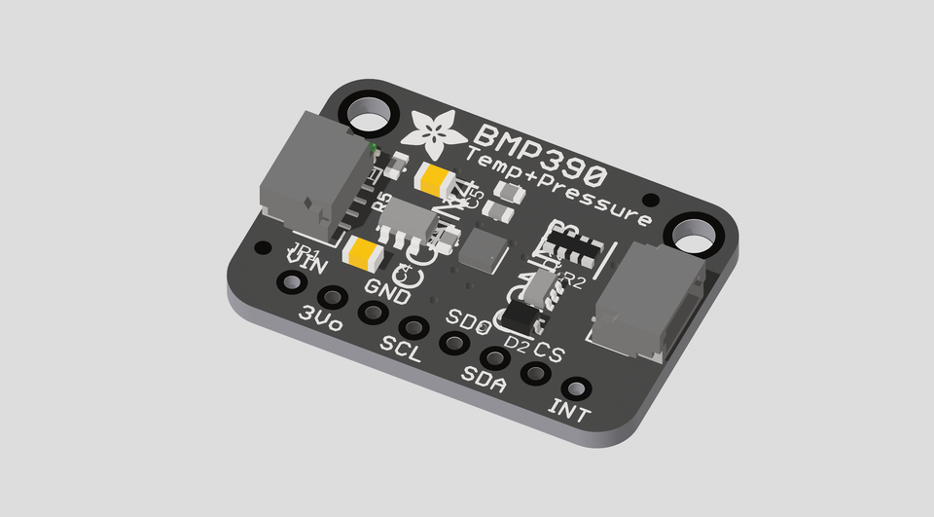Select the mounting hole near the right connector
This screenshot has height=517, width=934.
[x=692, y=235]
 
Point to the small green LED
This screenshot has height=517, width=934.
[x=373, y=148]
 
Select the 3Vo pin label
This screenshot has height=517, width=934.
[x=320, y=318]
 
